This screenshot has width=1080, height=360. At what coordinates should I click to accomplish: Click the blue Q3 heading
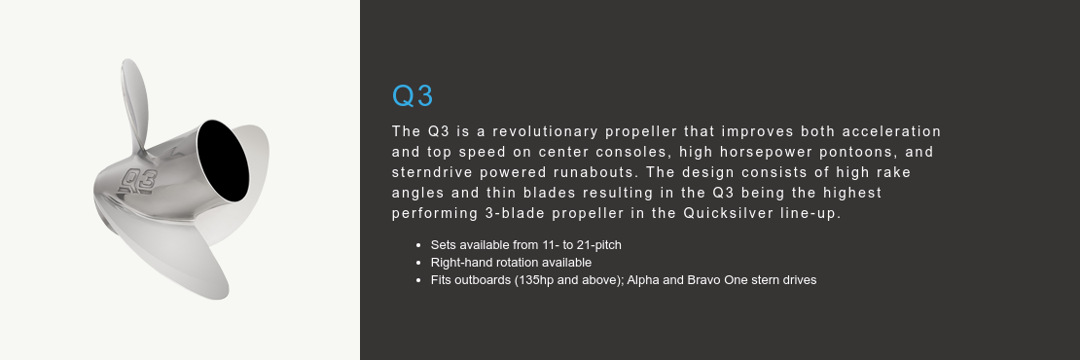click(x=413, y=96)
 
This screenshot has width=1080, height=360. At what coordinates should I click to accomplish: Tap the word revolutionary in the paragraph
click(x=542, y=131)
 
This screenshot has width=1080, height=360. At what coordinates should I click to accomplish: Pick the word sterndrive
click(x=432, y=172)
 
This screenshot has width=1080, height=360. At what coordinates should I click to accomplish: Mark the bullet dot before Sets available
click(x=417, y=245)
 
